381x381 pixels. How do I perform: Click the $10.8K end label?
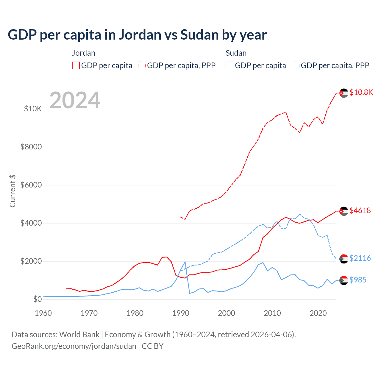tap(361, 92)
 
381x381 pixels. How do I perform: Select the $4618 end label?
tap(360, 210)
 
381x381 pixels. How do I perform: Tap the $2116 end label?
tap(360, 258)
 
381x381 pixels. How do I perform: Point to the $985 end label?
tap(358, 280)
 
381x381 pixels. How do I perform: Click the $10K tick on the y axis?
tap(33, 109)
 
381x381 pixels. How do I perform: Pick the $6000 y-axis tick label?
tap(31, 185)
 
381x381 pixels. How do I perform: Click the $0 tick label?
tap(37, 299)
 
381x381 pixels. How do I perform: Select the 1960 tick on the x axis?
tap(43, 313)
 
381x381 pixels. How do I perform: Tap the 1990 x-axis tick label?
tap(181, 313)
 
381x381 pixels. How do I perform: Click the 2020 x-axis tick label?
tap(318, 313)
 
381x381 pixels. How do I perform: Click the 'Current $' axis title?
tap(13, 191)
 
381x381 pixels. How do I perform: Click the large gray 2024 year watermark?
tap(75, 100)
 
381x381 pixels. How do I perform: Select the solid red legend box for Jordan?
tap(76, 65)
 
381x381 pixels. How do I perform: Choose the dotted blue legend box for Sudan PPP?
tap(296, 65)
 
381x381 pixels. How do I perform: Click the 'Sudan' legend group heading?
tap(236, 53)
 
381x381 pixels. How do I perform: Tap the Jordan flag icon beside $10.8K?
tap(343, 93)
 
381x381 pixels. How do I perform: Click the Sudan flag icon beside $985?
tap(343, 280)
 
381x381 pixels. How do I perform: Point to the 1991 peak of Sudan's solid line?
tap(185, 262)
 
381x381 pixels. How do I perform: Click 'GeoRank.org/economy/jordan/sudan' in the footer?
tap(74, 346)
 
